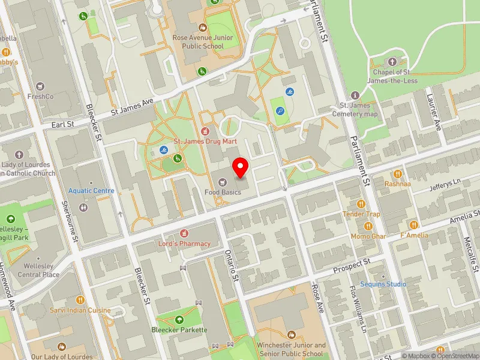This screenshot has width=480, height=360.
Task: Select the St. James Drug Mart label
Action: coord(206,141)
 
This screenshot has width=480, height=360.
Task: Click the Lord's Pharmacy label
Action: coord(184,244)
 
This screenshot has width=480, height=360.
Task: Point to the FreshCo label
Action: coord(41,96)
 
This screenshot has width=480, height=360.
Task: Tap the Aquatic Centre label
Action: coord(91,191)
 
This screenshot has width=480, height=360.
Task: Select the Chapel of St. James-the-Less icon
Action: coord(393,61)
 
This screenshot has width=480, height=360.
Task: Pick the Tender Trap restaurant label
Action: coord(361,214)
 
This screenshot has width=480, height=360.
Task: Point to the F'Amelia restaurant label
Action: coord(414,235)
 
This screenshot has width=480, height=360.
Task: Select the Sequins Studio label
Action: coord(383,284)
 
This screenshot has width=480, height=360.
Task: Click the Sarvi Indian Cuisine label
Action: coord(80,310)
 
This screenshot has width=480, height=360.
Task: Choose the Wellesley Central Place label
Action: coord(38,271)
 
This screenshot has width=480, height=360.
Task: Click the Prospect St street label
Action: coord(353,265)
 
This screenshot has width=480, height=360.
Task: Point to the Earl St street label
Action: coord(62,124)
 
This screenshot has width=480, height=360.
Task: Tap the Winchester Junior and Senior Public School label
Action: coord(291,349)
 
